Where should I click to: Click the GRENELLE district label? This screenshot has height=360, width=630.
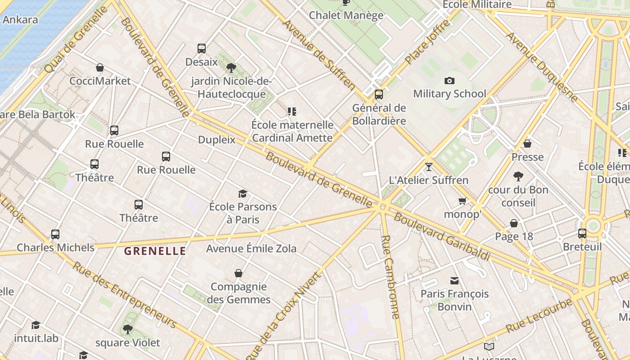(155, 251)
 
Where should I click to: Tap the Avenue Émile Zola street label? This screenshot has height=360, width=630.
(251, 248)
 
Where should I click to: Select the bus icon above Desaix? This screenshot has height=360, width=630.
(201, 48)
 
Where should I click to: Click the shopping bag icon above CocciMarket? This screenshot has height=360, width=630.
(100, 67)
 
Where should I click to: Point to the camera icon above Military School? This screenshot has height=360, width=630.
(449, 81)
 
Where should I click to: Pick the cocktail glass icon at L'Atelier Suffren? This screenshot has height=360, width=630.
(428, 167)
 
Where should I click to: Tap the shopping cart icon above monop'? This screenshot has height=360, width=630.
(462, 201)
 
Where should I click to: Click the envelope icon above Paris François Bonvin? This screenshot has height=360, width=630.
(454, 281)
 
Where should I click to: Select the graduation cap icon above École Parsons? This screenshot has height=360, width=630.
(243, 193)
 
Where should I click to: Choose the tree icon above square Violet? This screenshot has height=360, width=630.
(128, 329)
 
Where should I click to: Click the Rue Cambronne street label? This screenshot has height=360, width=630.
(390, 276)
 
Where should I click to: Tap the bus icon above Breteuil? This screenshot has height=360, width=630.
(582, 234)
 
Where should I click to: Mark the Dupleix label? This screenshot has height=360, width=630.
(217, 140)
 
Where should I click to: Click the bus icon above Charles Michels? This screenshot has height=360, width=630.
(55, 234)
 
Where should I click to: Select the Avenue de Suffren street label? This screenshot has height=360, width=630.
(319, 53)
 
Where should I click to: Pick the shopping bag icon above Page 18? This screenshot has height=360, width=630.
(513, 223)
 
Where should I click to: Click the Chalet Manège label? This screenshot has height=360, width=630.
(346, 15)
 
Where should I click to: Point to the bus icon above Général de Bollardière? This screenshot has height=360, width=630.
(379, 94)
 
